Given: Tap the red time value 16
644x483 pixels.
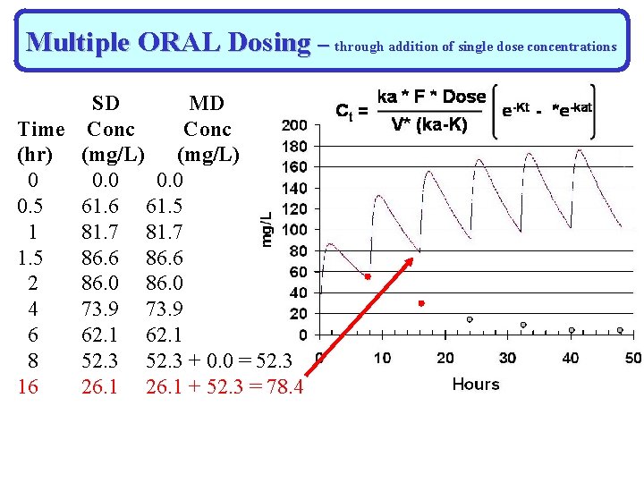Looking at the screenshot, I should click(33, 386).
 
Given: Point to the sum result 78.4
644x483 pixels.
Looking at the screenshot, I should click(284, 386).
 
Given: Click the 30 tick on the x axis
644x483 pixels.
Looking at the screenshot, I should click(507, 358).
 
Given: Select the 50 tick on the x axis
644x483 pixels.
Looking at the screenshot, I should click(632, 358).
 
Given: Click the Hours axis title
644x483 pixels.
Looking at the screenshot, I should click(476, 384).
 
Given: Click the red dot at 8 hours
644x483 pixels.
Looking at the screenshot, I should click(367, 277).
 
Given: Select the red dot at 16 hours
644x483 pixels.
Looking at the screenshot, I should click(420, 304).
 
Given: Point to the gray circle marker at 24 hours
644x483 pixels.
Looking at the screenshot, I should click(470, 319).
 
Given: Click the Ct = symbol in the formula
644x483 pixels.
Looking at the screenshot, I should click(348, 111).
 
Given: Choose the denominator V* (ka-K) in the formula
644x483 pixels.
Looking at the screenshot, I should click(430, 125).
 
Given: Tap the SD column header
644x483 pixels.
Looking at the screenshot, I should click(106, 103).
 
